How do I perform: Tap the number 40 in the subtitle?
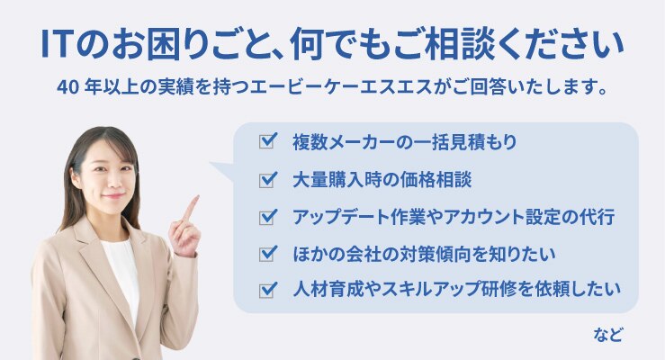coord(67,88)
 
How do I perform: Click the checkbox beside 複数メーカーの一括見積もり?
coord(268,140)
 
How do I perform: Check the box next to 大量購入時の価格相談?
coord(268,179)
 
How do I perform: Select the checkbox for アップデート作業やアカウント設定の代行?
coord(268,216)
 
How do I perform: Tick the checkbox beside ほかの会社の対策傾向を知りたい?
coord(268,253)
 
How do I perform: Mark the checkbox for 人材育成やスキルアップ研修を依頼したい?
coord(268,290)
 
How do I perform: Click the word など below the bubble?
coord(608,335)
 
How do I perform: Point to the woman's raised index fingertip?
coord(196,197)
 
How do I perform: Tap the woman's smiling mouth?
coord(112,195)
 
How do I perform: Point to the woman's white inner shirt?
coord(121,272)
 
